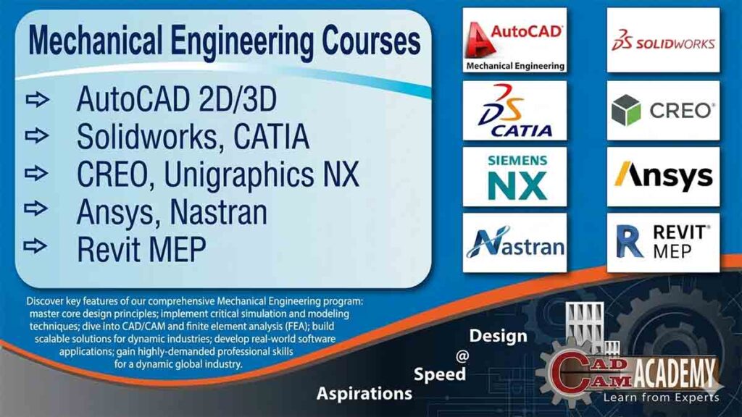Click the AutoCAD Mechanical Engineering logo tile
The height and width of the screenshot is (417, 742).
point(514,40)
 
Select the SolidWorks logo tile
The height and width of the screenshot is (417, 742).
point(663,40)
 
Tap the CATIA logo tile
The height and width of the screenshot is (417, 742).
point(514,110)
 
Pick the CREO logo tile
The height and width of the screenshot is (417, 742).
point(663,110)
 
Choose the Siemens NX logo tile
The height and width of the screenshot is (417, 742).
point(514,177)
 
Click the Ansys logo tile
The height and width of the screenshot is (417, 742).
point(663,177)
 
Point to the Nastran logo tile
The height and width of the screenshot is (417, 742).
point(514,243)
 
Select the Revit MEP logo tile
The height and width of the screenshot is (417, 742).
point(663,243)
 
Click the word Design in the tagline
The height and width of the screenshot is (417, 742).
point(498,337)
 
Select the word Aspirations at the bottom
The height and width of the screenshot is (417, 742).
point(364,394)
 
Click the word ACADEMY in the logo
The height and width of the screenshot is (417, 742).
point(677,375)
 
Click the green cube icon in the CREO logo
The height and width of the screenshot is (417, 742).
point(626,110)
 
